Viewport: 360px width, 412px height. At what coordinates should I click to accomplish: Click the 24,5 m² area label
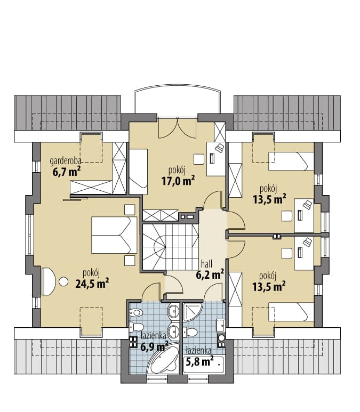[92, 284]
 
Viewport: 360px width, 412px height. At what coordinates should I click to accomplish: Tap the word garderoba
[65, 160]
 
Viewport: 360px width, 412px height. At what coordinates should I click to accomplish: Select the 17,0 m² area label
[178, 181]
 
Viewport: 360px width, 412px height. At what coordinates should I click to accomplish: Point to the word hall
[206, 264]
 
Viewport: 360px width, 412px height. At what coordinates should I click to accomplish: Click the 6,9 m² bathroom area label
[154, 346]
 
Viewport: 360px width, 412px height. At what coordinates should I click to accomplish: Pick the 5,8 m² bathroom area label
[199, 362]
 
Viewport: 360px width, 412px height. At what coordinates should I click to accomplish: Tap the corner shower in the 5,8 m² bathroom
[193, 312]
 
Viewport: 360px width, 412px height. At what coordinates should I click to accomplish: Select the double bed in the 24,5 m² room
[114, 235]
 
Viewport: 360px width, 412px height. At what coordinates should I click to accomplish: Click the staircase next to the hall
[171, 247]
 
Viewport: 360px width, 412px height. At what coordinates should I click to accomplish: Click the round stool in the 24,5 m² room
[63, 281]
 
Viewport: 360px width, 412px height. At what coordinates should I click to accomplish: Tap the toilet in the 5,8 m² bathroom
[190, 332]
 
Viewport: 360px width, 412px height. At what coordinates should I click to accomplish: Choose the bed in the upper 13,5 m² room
[291, 161]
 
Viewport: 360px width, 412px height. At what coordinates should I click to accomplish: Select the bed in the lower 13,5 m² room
[291, 312]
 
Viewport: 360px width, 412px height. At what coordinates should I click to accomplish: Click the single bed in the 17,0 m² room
[138, 172]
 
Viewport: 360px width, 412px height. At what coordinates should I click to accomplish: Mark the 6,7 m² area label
[66, 172]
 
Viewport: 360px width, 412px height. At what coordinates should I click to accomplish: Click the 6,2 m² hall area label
[210, 274]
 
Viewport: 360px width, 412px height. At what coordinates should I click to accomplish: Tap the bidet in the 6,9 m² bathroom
[135, 313]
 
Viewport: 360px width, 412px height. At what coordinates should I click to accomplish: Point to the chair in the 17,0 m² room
[199, 159]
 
